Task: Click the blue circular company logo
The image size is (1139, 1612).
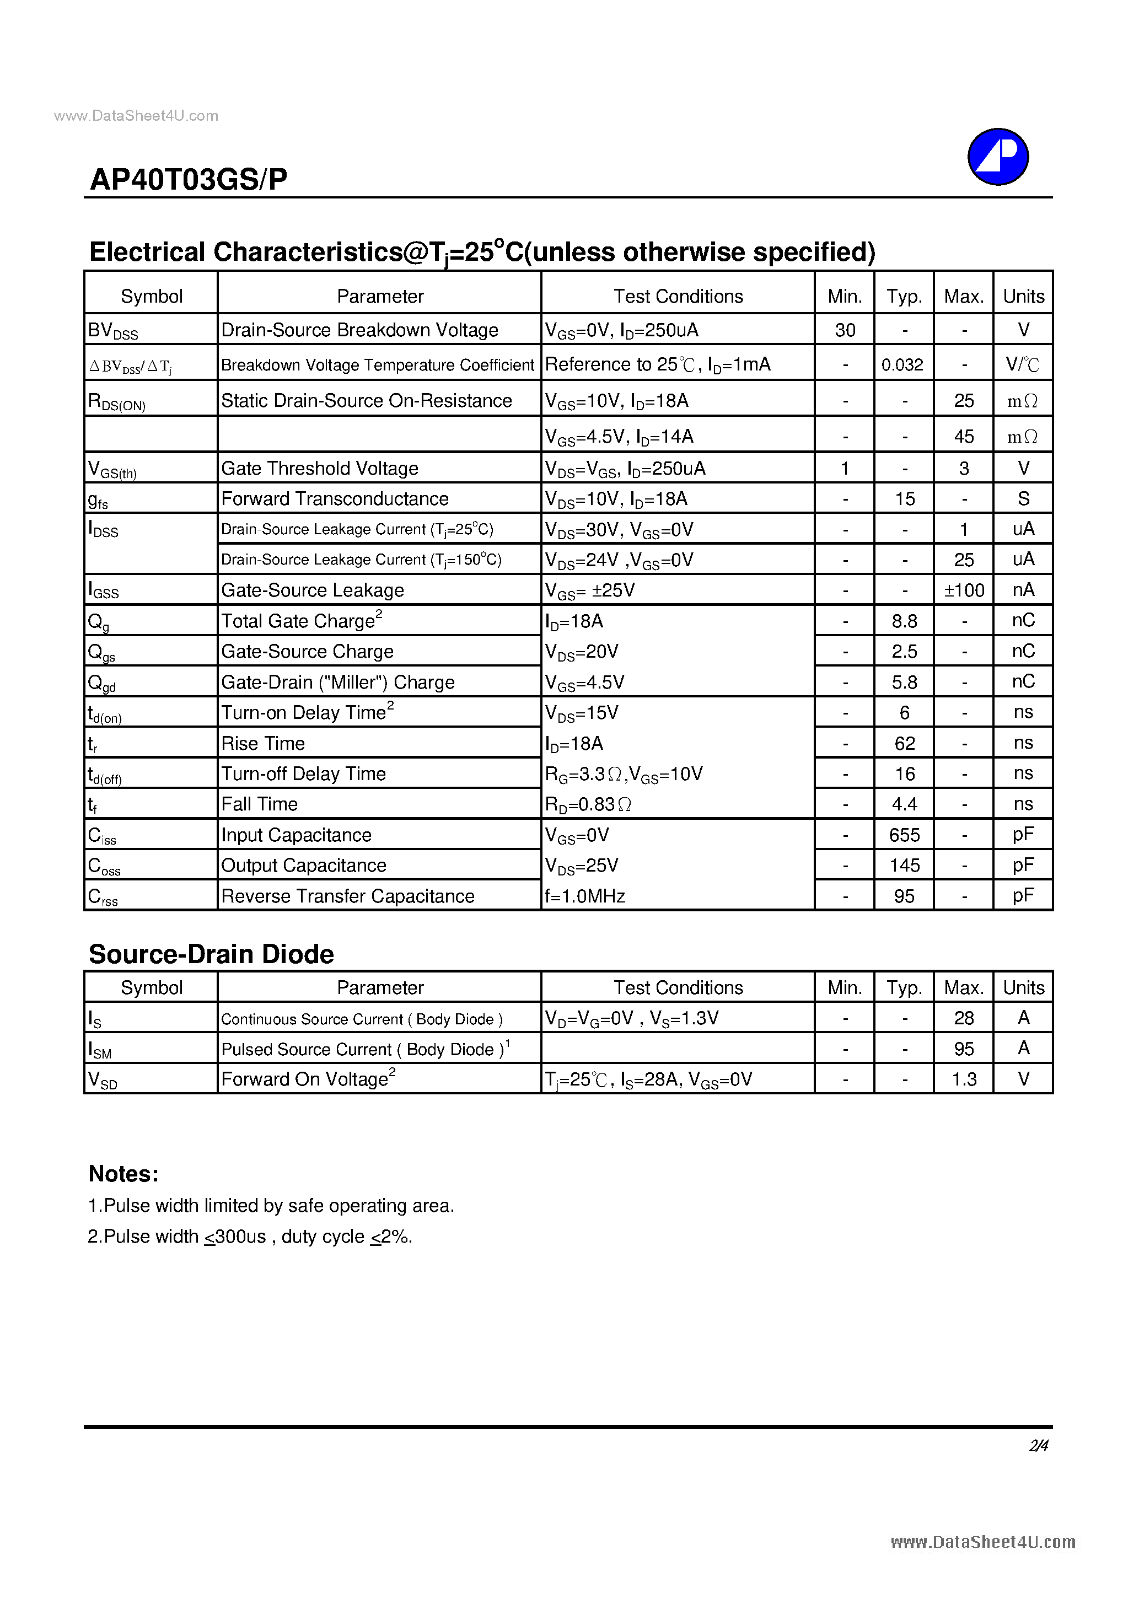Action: click(x=997, y=157)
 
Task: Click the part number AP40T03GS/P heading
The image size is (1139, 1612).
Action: click(x=188, y=180)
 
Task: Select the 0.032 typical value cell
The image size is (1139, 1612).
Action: click(x=902, y=364)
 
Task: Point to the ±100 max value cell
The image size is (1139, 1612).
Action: click(x=964, y=590)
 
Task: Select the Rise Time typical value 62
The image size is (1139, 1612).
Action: click(x=905, y=743)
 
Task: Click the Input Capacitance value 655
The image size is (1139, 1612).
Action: click(x=905, y=835)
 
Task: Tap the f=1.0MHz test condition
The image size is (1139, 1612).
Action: click(x=585, y=896)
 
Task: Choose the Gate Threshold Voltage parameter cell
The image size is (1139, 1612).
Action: click(x=320, y=468)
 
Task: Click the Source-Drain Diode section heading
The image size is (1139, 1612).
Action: click(x=211, y=954)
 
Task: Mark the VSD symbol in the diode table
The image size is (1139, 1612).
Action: click(x=103, y=1079)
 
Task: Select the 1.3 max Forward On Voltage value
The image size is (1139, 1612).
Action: click(x=964, y=1079)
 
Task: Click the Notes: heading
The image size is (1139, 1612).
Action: click(x=123, y=1174)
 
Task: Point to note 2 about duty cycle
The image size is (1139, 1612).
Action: click(x=250, y=1237)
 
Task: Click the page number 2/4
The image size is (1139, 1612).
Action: click(x=1039, y=1446)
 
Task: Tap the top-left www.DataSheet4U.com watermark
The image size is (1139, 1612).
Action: click(x=136, y=116)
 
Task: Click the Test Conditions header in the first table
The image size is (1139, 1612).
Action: click(x=678, y=296)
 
